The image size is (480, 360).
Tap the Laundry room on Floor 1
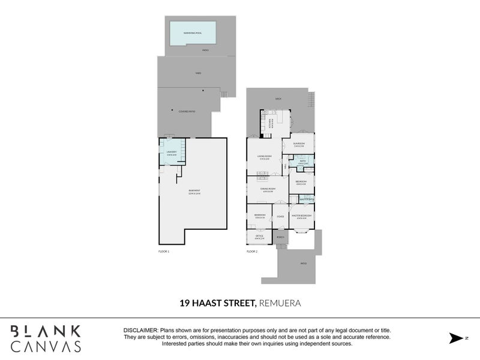[171, 154]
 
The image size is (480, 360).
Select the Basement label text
[193, 192]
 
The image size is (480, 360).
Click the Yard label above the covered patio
[197, 73]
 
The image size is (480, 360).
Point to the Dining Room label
[267, 190]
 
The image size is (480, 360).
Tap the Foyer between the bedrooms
[280, 216]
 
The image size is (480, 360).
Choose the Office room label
[259, 237]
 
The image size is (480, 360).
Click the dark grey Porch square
[280, 237]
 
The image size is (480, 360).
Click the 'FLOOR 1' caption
[164, 251]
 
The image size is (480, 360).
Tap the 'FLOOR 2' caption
[252, 251]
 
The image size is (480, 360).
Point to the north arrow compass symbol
[456, 338]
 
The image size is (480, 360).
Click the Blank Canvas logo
[46, 338]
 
